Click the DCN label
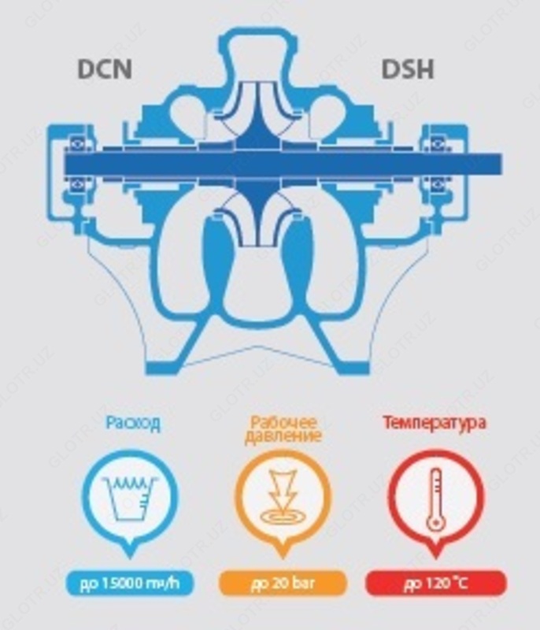coord(105,69)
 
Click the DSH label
coord(408,69)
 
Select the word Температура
coord(435,423)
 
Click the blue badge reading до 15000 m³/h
coord(131,584)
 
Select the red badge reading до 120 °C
coord(435,584)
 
